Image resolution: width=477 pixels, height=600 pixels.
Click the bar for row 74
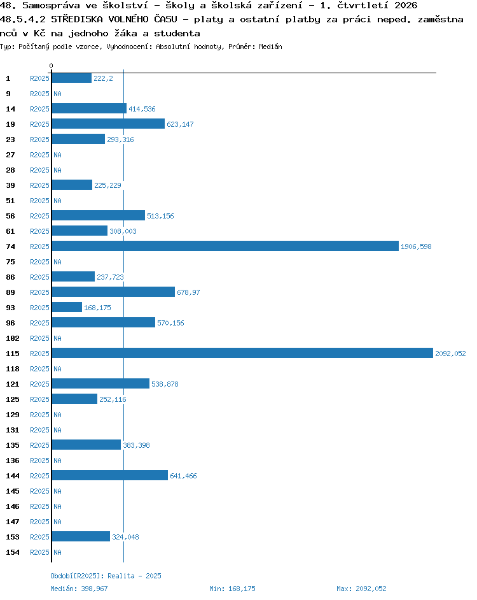(x=225, y=246)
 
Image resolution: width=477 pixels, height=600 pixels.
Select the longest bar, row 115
(x=242, y=354)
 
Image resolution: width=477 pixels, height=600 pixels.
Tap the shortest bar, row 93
(x=67, y=307)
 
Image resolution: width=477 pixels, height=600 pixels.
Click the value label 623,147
(x=180, y=124)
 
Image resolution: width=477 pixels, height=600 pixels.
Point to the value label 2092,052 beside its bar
(x=450, y=354)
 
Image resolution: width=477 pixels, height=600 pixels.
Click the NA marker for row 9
(x=57, y=94)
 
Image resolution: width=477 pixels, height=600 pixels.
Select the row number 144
(x=13, y=476)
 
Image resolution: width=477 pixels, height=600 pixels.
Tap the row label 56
(x=10, y=216)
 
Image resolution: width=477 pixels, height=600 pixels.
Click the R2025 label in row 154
(x=39, y=553)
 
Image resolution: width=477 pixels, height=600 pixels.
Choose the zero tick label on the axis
(x=52, y=66)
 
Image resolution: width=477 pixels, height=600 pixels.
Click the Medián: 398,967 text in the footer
(x=79, y=589)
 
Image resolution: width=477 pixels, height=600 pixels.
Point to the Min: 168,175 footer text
(x=232, y=589)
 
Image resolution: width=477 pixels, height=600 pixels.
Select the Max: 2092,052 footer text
(x=362, y=589)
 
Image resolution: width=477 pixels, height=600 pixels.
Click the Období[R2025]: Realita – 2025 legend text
(x=106, y=576)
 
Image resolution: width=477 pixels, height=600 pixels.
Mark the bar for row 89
(x=113, y=292)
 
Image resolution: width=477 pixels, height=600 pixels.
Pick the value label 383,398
(x=137, y=445)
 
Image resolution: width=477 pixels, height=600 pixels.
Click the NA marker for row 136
(x=57, y=461)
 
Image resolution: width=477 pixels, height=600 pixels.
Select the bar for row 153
(x=81, y=536)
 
